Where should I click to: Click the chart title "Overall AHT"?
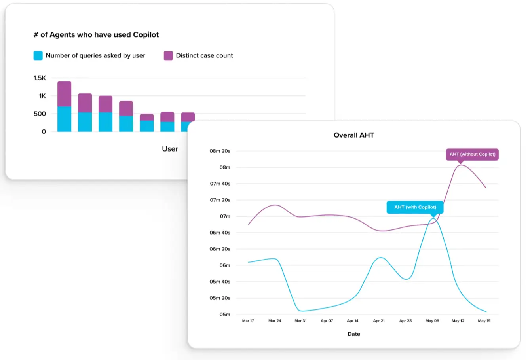[x=353, y=135]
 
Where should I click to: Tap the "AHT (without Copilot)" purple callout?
[x=472, y=154]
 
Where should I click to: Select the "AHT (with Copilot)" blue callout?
[x=415, y=207]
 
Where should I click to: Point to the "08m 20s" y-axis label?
[x=220, y=151]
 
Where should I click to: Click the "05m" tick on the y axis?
[x=225, y=315]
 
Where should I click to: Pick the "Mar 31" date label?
[x=300, y=321]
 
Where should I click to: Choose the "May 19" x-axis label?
[x=484, y=321]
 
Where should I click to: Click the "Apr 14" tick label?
[x=353, y=321]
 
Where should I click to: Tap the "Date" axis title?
[x=353, y=334]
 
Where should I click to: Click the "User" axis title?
[x=170, y=149]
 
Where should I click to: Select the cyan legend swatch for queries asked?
[x=38, y=56]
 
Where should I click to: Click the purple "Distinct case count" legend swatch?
[x=168, y=56]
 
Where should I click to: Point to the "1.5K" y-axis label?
[x=40, y=78]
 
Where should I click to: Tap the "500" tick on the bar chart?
[x=40, y=114]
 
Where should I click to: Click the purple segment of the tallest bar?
[x=64, y=94]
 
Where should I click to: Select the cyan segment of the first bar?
[x=64, y=119]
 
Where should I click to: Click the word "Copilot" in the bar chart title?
[x=146, y=35]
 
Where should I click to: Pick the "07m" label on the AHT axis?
[x=225, y=216]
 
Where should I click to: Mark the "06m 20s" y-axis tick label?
[x=220, y=249]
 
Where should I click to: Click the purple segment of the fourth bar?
[x=126, y=108]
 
